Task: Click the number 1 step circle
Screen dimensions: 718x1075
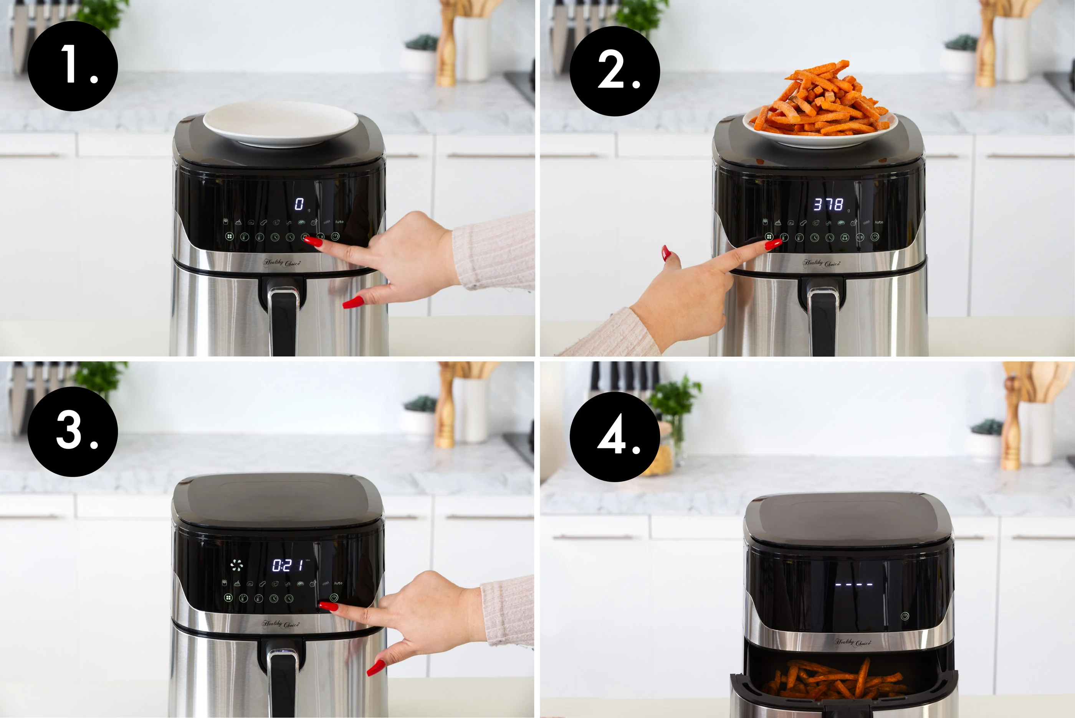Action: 73,66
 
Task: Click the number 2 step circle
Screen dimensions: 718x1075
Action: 615,71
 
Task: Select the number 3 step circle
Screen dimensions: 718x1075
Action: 73,431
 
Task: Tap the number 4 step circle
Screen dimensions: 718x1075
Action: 615,436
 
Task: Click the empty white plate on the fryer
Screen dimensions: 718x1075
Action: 280,123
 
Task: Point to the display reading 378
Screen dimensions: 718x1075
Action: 828,204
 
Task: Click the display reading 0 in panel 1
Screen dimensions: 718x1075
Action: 299,204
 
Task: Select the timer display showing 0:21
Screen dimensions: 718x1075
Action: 288,565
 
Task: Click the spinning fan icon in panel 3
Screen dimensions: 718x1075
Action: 237,565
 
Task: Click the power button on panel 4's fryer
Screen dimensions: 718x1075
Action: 905,616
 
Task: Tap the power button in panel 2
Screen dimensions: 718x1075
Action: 875,237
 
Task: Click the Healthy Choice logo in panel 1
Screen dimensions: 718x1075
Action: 281,263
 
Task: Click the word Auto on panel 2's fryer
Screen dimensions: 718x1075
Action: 878,222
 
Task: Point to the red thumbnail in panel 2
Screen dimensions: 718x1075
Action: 666,253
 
